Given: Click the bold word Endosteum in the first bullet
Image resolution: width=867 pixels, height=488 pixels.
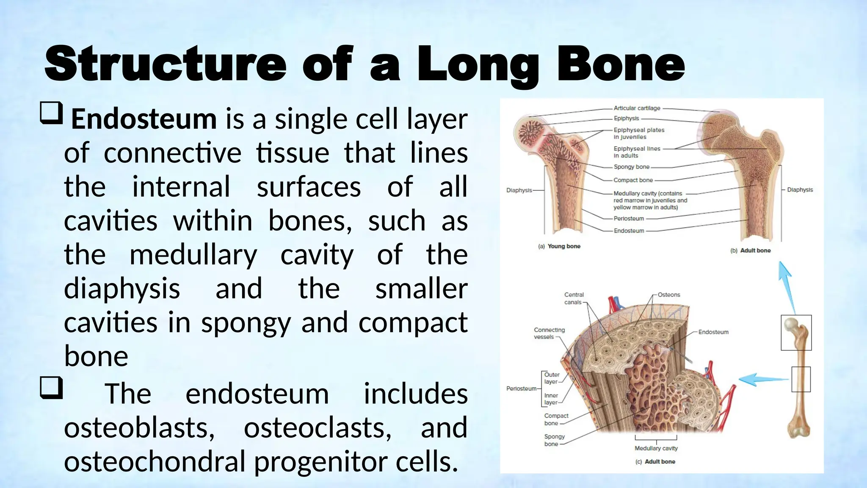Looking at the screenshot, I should coord(144,119).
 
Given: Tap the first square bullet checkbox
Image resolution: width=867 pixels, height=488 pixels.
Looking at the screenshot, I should coord(52,113).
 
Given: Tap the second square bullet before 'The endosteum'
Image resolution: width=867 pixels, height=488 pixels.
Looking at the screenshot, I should coord(52,388).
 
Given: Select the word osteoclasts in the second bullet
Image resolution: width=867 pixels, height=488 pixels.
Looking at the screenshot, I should coord(318,427).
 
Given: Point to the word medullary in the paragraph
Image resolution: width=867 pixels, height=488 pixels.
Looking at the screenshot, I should coord(193,255).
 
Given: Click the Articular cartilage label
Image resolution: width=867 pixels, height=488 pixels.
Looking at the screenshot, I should coord(637,108).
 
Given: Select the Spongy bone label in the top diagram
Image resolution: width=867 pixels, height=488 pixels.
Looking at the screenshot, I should coord(631,167).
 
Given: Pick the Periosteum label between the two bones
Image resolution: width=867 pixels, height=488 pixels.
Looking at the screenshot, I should coord(629,219).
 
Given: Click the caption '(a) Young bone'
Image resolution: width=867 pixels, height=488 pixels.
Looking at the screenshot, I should coord(559,246).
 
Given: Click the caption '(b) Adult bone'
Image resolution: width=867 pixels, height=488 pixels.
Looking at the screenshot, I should coord(751,250).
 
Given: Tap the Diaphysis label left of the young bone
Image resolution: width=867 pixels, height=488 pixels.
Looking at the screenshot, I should coord(519,190).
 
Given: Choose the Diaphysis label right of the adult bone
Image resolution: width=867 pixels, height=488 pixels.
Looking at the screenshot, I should coord(800,190).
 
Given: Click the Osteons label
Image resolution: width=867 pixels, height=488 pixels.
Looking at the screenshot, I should coord(669,295).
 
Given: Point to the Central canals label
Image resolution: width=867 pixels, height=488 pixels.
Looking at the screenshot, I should coord(574,298).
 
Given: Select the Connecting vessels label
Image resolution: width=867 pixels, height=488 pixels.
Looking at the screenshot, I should coord(549,333).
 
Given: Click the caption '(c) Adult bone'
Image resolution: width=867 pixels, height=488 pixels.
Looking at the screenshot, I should coord(655,462).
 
